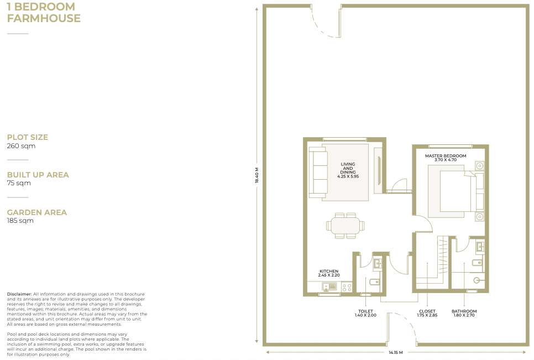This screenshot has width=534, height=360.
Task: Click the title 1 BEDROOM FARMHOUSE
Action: pos(44,13)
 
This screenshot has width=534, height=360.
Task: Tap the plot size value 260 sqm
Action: pos(21,146)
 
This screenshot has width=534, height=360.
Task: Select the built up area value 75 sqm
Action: pos(19,183)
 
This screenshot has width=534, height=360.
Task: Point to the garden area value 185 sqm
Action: pos(20,221)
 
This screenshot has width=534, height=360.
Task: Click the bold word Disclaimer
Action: pos(19,294)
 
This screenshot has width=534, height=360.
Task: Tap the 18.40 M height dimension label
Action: pos(257,175)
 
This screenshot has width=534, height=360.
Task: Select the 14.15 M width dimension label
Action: pos(396,352)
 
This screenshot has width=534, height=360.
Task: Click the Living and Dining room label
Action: pos(348,170)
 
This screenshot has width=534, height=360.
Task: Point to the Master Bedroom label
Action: pos(446,158)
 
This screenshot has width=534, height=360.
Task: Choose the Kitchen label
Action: pos(329,273)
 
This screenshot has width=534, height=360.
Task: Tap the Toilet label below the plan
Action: pos(365,314)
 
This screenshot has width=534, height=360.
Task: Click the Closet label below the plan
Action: pos(427,314)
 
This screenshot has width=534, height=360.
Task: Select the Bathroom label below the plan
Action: pos(464,314)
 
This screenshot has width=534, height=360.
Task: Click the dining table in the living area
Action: pos(345,226)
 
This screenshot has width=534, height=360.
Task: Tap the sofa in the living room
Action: pos(318,173)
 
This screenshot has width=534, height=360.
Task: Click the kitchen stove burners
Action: pos(347,288)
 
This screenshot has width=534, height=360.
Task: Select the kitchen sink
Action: pos(329,287)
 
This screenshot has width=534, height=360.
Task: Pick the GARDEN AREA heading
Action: pos(37,212)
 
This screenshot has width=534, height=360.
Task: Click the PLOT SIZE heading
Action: pos(28,137)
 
